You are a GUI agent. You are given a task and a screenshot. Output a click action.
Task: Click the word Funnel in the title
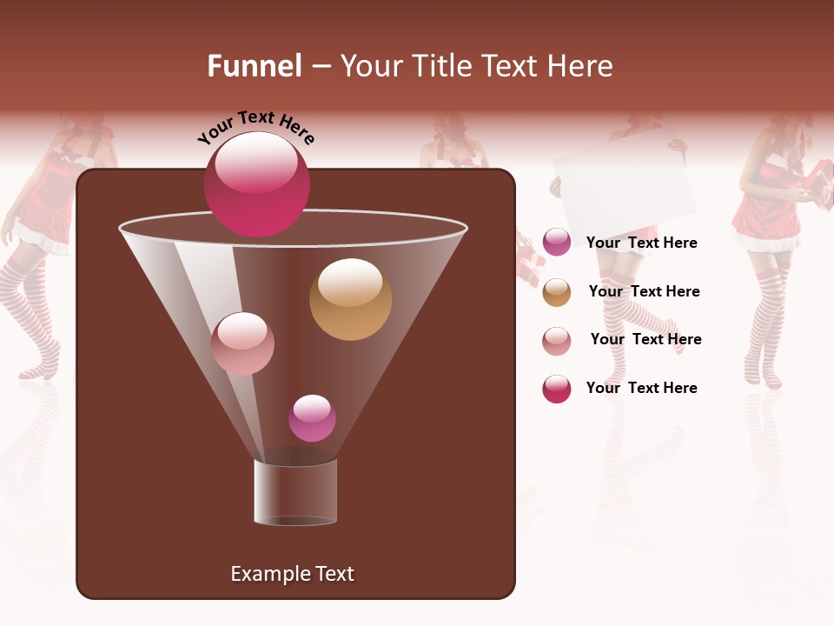[254, 66]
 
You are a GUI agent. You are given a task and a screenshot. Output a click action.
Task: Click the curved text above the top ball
[256, 127]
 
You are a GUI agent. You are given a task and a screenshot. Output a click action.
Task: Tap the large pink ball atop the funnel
[256, 184]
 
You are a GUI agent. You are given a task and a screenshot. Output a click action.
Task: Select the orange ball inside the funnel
[350, 299]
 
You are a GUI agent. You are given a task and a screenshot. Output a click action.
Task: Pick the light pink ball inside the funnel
[242, 343]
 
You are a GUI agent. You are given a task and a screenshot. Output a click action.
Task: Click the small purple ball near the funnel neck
[312, 418]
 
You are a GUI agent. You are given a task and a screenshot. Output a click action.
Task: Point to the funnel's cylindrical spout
[295, 491]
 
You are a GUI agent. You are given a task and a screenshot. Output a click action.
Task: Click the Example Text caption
[292, 574]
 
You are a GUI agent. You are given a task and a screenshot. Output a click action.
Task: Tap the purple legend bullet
[557, 242]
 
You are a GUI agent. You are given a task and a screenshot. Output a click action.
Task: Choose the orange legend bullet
[557, 292]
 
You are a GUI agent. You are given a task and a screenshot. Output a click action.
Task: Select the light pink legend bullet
[557, 341]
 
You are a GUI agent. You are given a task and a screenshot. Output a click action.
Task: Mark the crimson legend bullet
[557, 389]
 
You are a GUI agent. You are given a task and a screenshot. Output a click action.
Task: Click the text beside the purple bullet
[641, 243]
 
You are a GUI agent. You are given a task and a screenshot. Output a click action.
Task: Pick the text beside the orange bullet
[644, 292]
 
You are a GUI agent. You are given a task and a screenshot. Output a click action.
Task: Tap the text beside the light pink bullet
[645, 340]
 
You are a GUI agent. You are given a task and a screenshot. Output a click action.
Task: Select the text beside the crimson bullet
[641, 389]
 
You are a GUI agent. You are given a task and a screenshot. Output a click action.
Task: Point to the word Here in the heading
[579, 66]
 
